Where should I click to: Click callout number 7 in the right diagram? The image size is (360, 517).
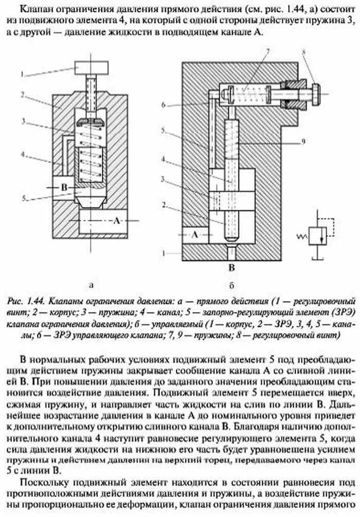(x=268, y=51)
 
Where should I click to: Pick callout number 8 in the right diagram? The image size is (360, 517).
(x=303, y=51)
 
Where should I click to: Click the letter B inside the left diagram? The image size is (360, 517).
(x=63, y=189)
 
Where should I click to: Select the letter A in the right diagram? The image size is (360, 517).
(x=195, y=234)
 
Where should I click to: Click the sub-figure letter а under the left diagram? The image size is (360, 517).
(x=92, y=283)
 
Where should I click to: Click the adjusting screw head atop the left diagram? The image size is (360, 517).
(x=92, y=67)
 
